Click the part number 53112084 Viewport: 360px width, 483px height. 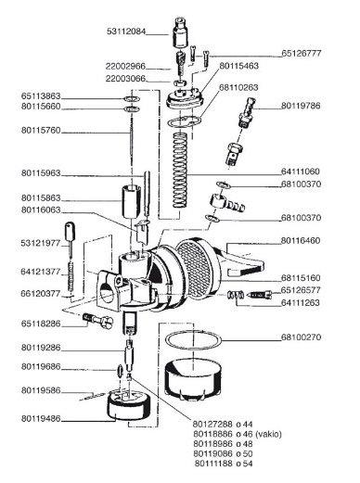coord(126,32)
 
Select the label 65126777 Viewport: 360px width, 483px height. coord(302,53)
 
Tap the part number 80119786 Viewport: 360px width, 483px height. coord(301,106)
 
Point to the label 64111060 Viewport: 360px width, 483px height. coord(301,172)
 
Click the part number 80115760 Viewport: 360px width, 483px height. coord(41,130)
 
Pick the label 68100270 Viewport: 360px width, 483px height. coord(301,337)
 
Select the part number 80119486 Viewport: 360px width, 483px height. coord(41,419)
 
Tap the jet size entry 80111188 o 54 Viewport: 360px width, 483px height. coord(224,464)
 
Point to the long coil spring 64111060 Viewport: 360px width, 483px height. coord(180,171)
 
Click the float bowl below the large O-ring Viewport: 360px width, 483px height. coord(193,378)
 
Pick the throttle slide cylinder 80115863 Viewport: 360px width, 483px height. coord(130,202)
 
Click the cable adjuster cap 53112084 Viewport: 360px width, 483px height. coord(180,32)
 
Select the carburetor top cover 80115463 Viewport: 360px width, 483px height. coord(185,98)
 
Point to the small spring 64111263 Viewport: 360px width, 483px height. coord(236,296)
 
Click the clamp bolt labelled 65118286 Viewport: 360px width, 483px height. coord(98,320)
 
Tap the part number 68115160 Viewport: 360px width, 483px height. coord(301,278)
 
